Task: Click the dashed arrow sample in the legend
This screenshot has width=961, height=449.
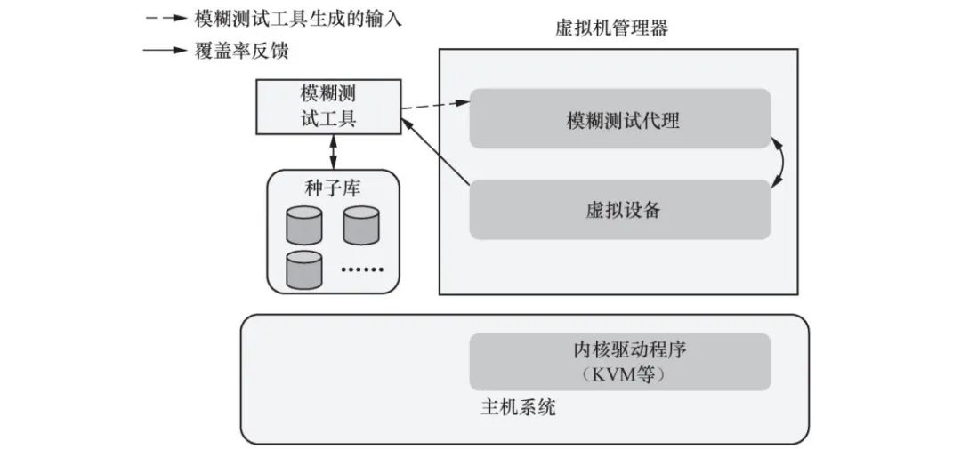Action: tap(165, 19)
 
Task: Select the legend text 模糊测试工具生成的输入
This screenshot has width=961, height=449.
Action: tap(298, 19)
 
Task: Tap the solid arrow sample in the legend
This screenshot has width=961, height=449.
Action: tap(165, 51)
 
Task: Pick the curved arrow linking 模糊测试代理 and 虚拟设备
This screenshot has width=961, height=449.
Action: tap(781, 164)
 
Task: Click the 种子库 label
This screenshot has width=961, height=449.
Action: tap(333, 188)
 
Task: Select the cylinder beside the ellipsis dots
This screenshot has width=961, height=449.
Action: tap(303, 269)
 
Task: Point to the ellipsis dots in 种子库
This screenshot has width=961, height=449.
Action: tap(362, 268)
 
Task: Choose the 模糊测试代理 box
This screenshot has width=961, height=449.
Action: tap(620, 119)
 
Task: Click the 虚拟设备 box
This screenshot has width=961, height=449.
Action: tap(620, 210)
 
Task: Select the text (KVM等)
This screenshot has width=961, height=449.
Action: tap(621, 373)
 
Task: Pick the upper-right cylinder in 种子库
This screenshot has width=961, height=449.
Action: tap(361, 226)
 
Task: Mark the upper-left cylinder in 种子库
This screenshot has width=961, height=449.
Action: tap(303, 226)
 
